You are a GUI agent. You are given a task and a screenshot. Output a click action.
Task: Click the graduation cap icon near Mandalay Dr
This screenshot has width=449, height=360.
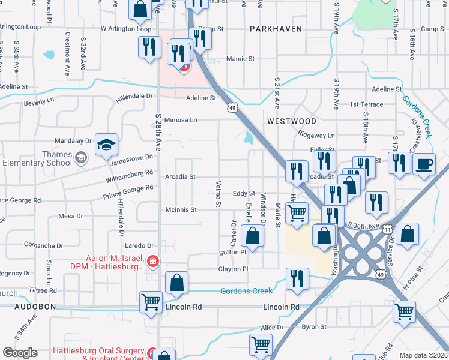click(x=106, y=145)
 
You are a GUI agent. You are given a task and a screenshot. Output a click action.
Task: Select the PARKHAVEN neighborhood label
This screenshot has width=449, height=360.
click(x=275, y=29)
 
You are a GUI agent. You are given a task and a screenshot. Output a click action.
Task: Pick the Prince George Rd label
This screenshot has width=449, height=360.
click(x=127, y=190)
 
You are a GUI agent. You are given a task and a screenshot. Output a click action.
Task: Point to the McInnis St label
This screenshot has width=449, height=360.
click(x=181, y=209)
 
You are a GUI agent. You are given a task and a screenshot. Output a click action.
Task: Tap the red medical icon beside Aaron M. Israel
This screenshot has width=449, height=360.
click(x=153, y=262)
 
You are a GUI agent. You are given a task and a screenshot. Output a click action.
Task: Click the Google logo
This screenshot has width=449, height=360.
click(x=20, y=353)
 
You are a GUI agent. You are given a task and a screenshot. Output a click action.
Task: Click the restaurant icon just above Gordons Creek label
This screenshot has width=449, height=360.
click(x=297, y=278)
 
